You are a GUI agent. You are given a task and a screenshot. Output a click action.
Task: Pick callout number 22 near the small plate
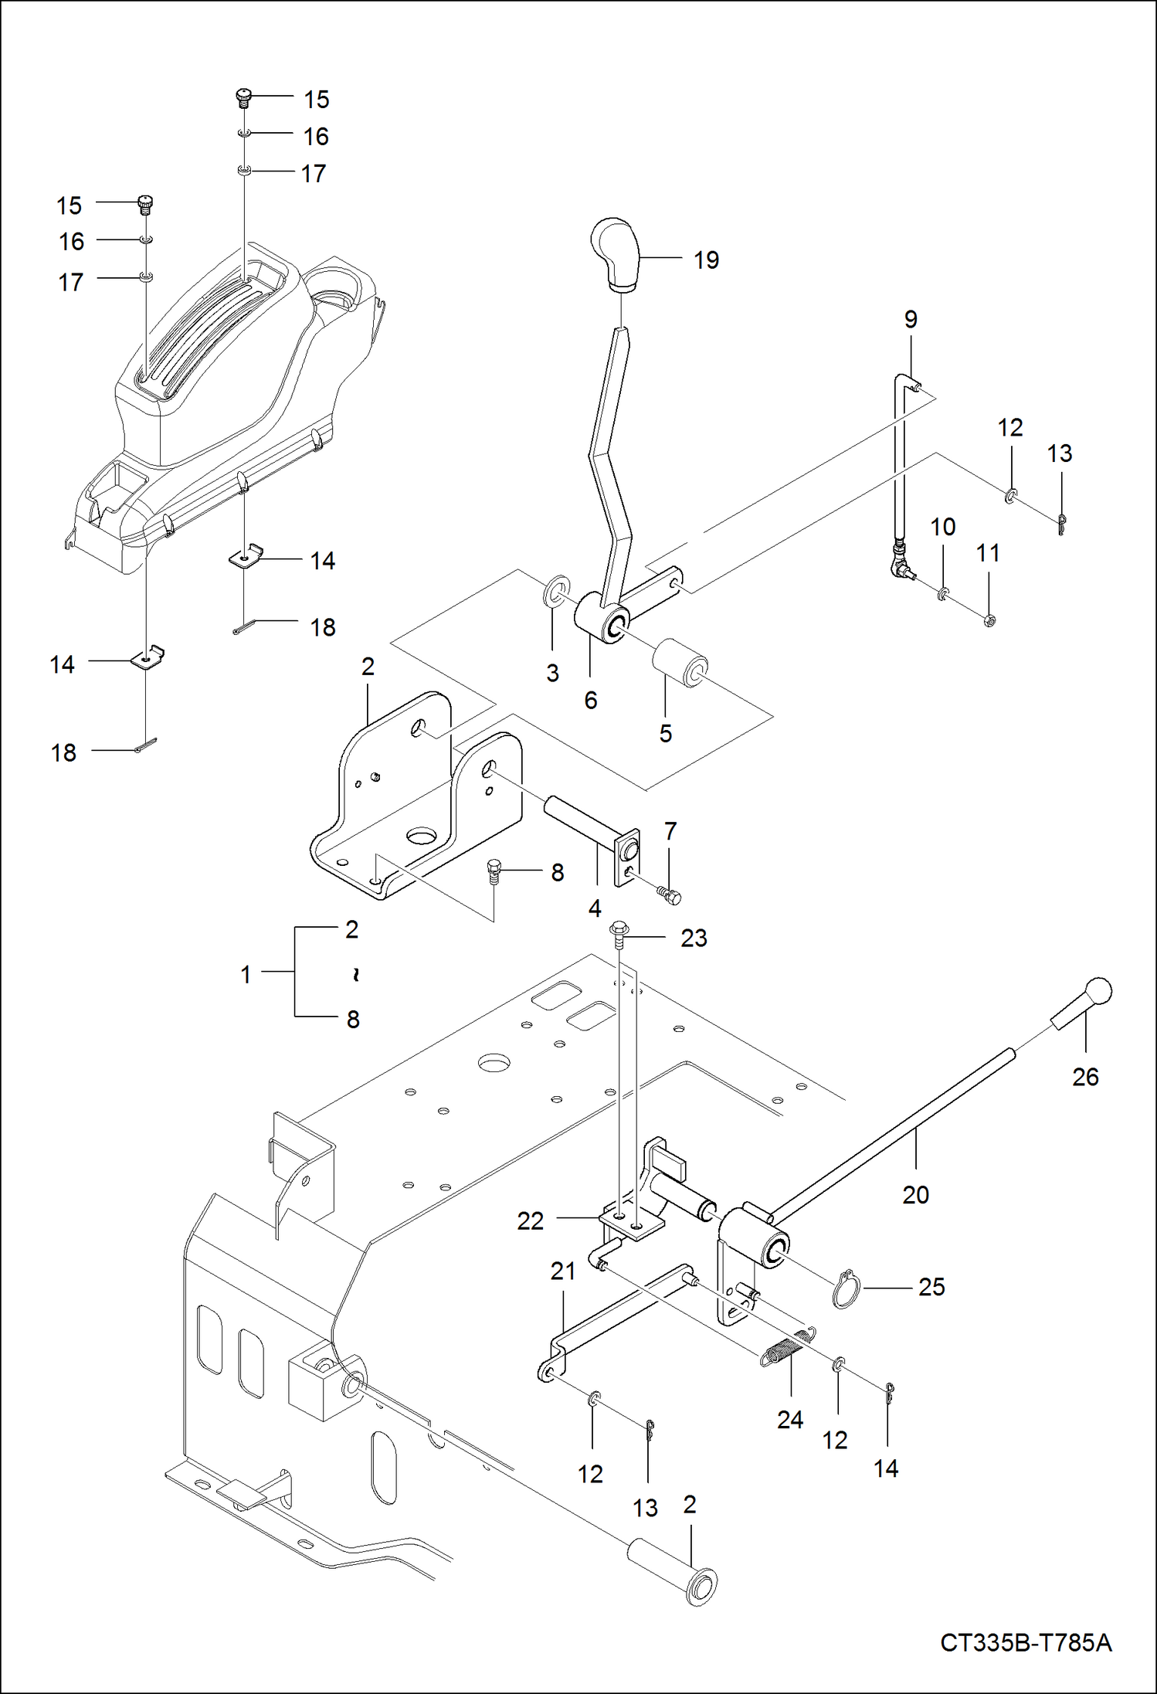point(530,1221)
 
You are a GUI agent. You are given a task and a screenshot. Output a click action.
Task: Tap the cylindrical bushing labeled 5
point(680,661)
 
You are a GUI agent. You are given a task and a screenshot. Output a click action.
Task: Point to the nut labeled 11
point(989,619)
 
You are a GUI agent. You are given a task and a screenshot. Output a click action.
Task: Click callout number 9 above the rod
point(911,320)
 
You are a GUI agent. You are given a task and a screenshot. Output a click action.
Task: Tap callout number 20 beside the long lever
point(915,1195)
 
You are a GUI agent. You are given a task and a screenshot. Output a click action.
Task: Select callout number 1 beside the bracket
point(246,974)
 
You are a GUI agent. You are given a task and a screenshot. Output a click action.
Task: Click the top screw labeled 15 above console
point(243,98)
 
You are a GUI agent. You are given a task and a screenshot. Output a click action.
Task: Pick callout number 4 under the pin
point(594,908)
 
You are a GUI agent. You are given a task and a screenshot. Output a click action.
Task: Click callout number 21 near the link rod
point(562,1271)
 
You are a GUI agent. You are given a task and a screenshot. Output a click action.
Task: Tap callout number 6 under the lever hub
point(590,701)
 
